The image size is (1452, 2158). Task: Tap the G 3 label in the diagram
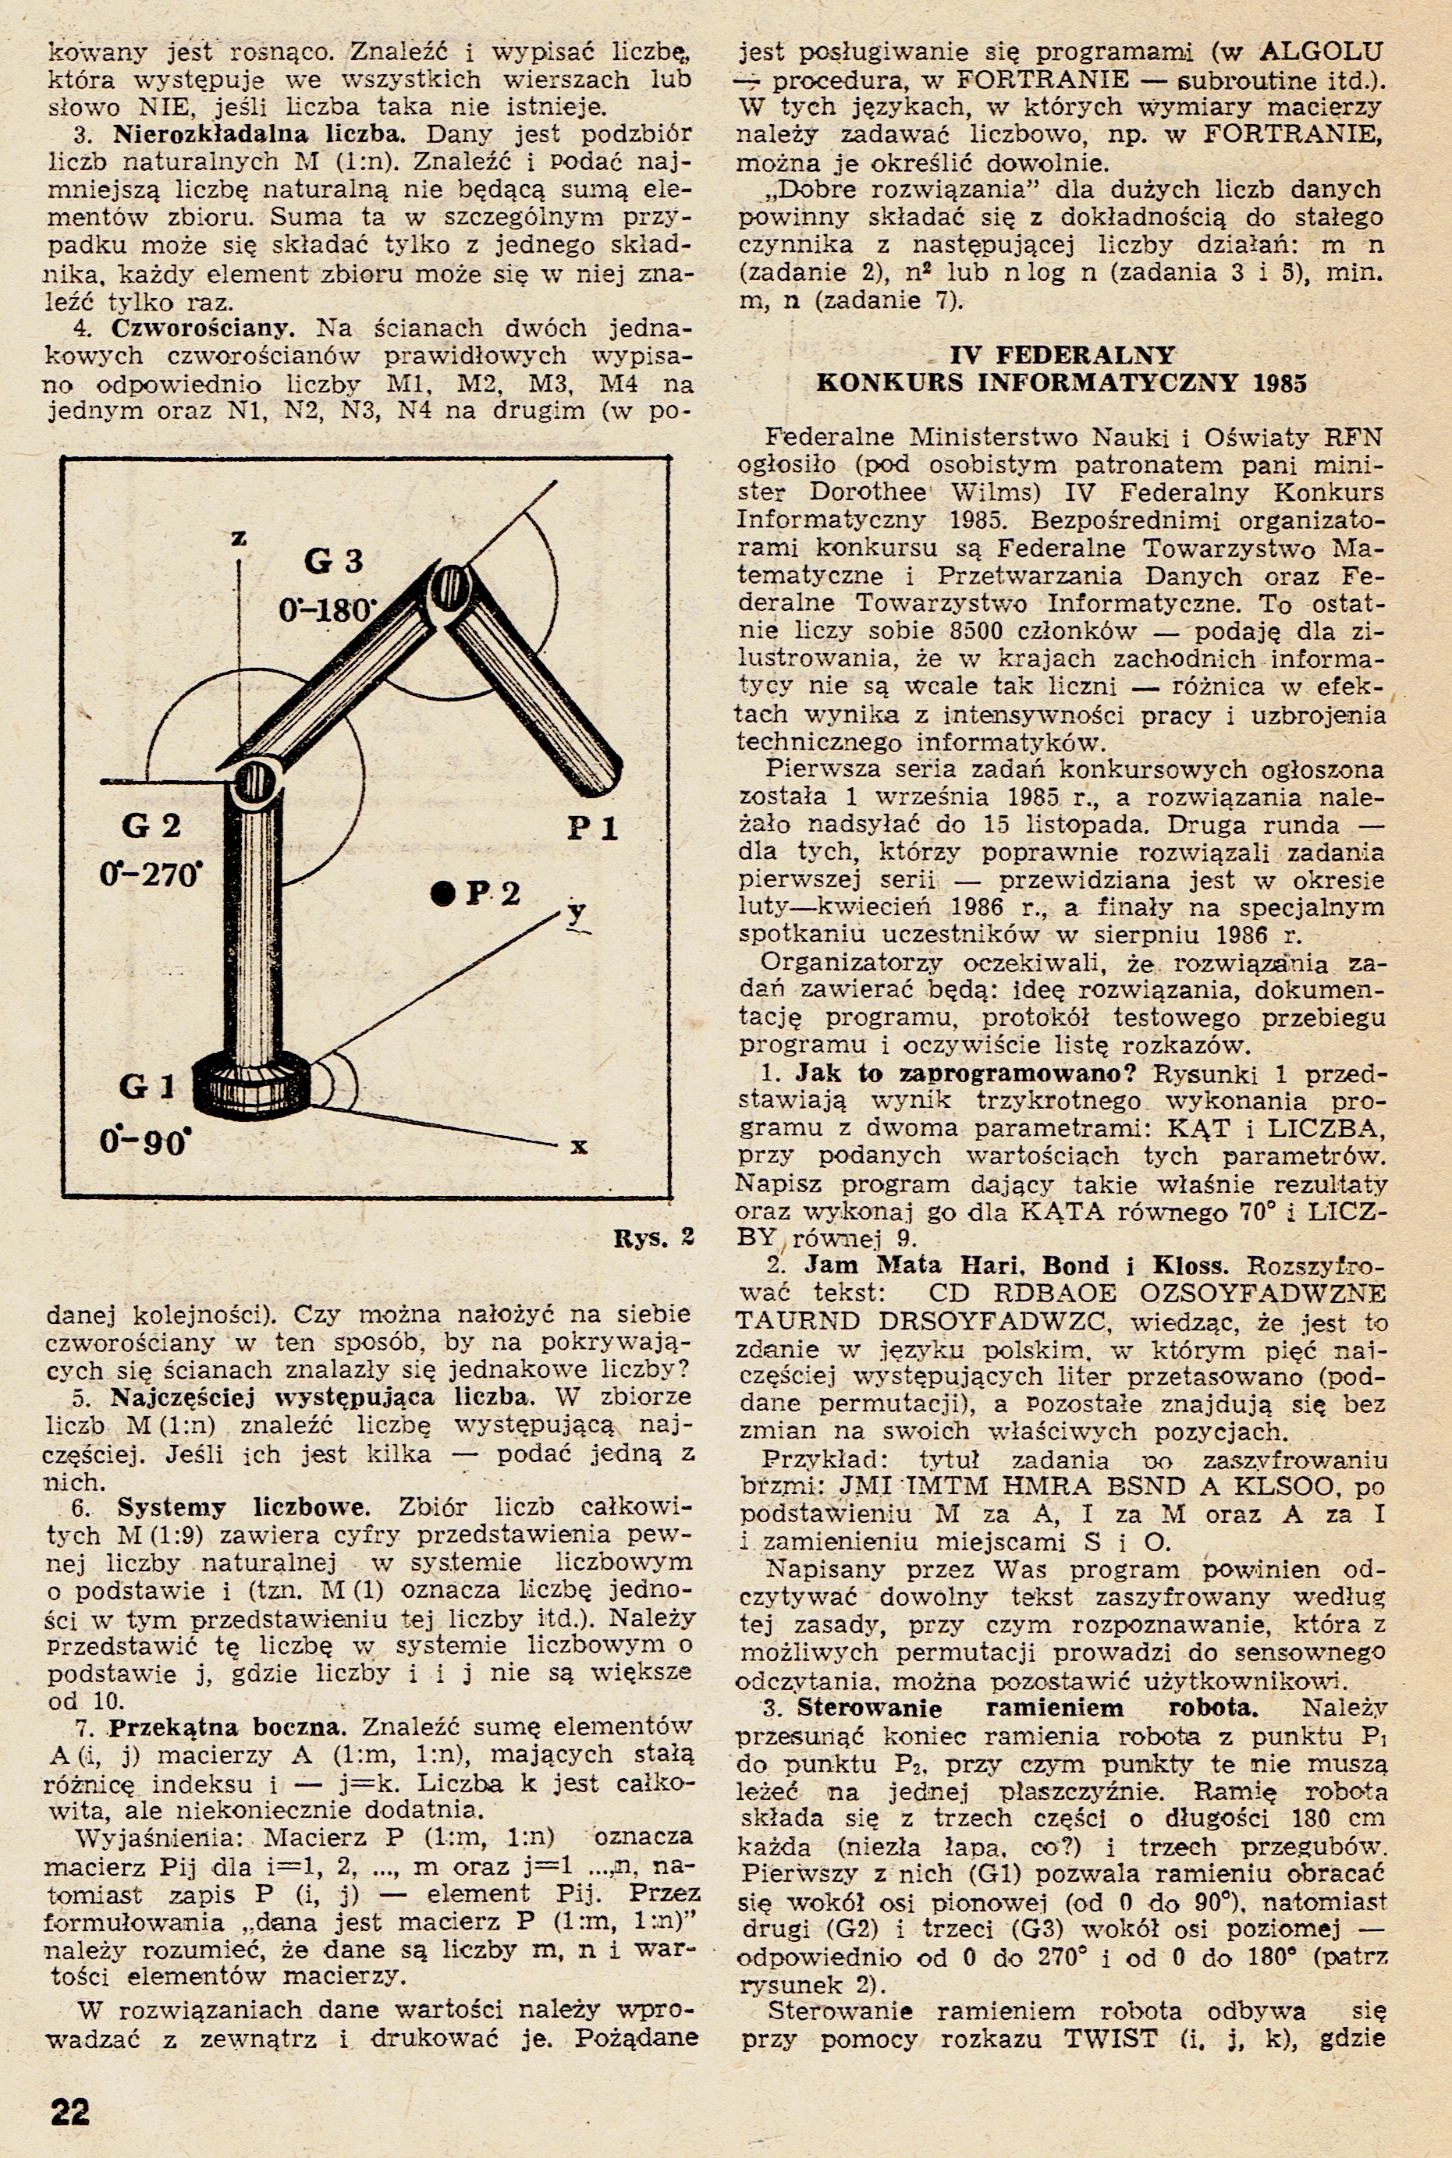(333, 561)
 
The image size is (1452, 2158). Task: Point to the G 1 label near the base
(147, 1085)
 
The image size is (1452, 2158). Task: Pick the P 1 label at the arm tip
(593, 828)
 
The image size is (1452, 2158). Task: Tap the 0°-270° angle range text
(151, 873)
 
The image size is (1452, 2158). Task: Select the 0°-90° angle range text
(144, 1141)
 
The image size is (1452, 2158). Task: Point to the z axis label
(239, 538)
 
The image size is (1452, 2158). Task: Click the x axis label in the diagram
(580, 1147)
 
